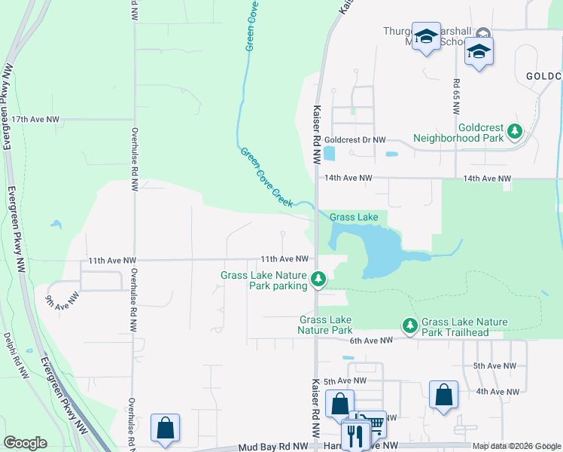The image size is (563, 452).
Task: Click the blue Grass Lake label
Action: (354, 217)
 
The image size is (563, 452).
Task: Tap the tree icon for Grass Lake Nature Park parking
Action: (318, 280)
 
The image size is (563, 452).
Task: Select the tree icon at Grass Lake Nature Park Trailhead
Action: (409, 325)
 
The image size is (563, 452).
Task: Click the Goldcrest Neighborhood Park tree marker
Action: (515, 132)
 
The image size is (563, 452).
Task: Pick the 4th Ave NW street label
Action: (498, 392)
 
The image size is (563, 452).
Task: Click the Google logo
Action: (26, 443)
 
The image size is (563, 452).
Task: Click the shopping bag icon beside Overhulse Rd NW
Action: (165, 427)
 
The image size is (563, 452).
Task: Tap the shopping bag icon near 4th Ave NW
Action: (443, 394)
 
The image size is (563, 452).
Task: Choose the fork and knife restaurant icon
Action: (355, 435)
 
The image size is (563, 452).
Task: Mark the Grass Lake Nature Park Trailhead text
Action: (464, 327)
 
